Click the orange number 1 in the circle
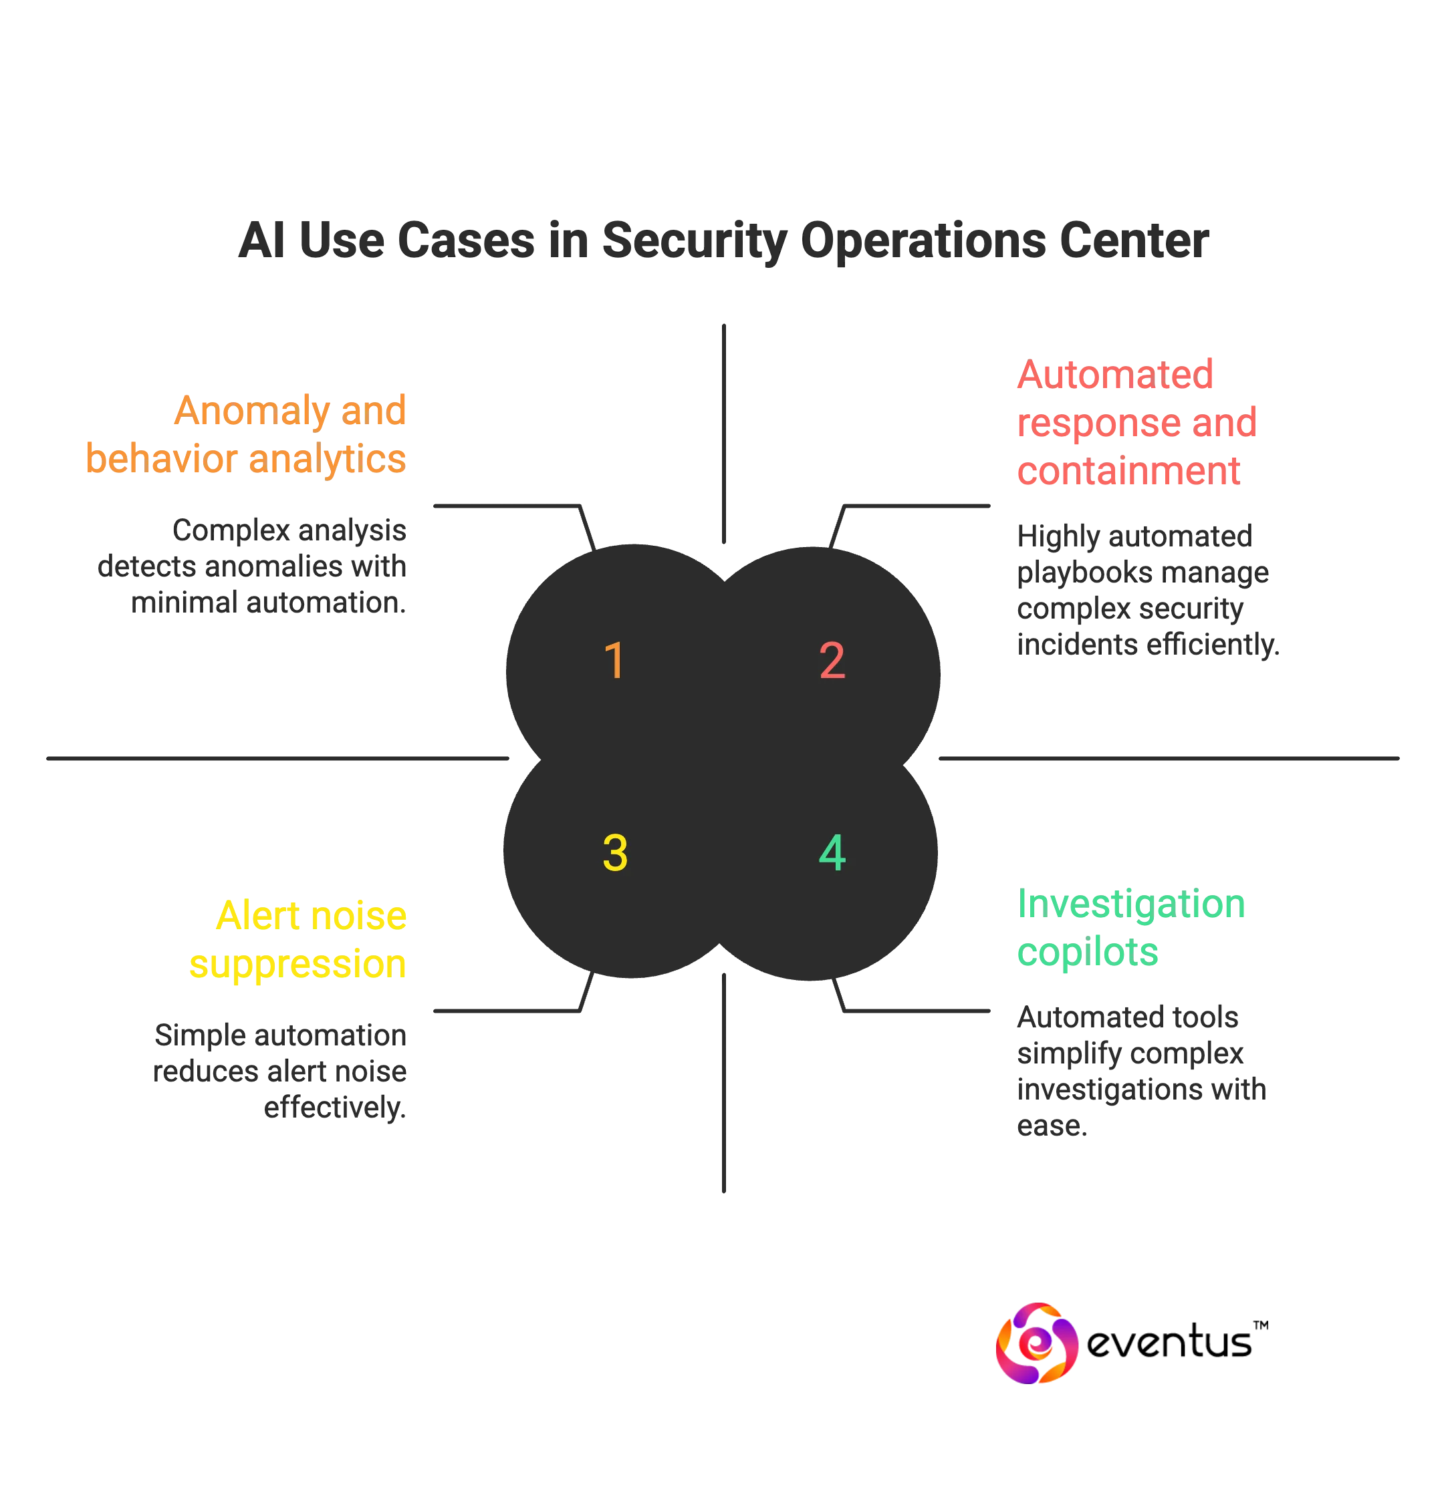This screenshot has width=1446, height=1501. coord(614,660)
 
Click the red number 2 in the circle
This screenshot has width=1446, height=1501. coord(832,660)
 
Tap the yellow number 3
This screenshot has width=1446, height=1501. coord(614,853)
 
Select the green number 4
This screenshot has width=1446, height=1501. coord(832,853)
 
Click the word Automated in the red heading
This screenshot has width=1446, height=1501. coord(1115,375)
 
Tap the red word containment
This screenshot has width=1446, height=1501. coord(1127,470)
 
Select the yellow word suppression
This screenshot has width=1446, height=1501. coord(297,963)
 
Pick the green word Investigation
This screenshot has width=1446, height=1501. coord(1130,904)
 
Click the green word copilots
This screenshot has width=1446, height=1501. coord(1088,953)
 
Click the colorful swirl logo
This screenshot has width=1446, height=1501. coord(1037,1344)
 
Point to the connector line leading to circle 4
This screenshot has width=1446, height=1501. coord(920,1011)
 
